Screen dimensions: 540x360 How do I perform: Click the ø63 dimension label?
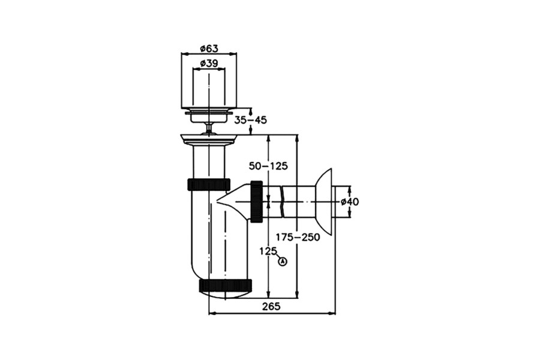point(209,49)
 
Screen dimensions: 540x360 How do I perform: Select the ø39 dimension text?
point(209,64)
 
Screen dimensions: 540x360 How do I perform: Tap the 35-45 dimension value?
point(250,120)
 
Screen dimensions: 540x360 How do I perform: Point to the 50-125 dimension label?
point(268,166)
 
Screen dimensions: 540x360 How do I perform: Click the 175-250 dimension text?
point(298,237)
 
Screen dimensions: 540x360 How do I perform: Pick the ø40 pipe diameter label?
point(350,202)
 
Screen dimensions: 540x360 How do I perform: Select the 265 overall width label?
point(271,306)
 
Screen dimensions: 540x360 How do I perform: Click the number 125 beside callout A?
point(268,251)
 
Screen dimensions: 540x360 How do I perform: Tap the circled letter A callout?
point(283,262)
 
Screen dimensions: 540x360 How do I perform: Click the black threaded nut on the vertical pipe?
point(209,184)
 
